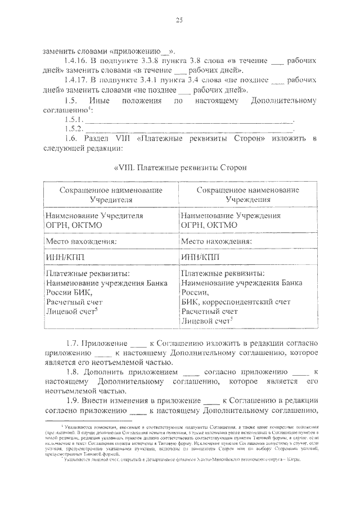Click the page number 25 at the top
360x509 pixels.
[179, 20]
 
